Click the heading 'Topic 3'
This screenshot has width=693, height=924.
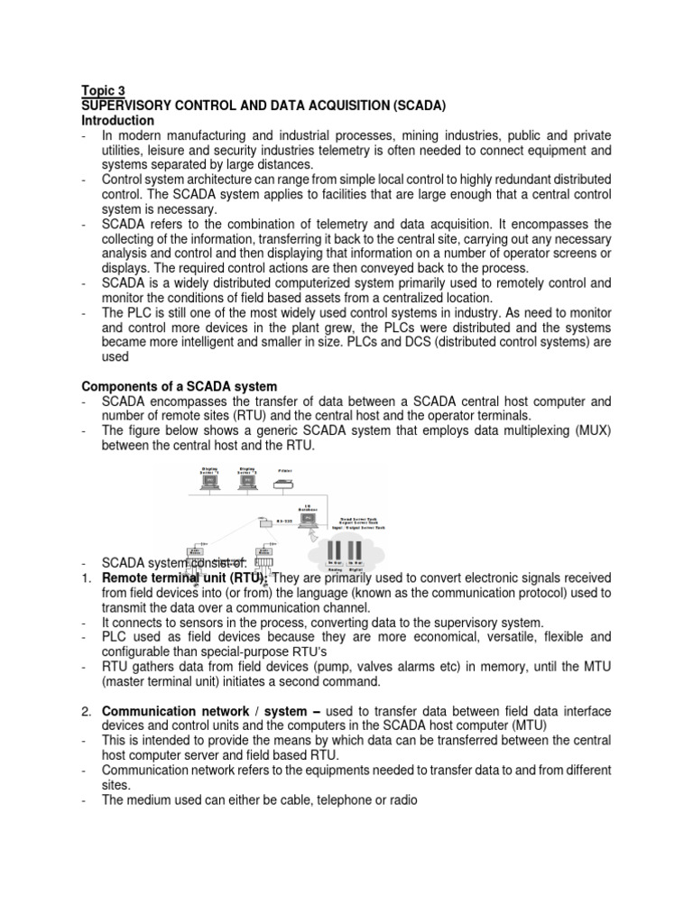coord(104,90)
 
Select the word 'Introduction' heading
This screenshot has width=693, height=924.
coord(118,120)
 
